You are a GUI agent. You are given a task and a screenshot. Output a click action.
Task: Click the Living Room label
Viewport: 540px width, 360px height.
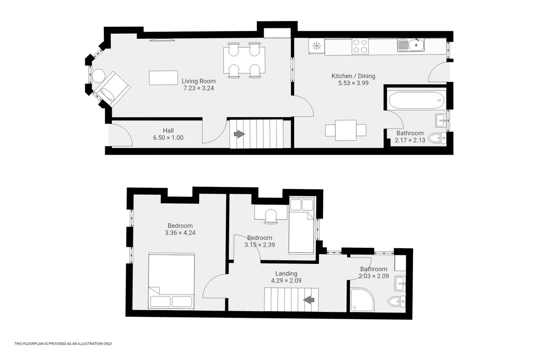point(198,81)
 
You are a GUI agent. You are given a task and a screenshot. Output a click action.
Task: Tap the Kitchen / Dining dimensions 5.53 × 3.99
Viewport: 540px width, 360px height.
point(353,83)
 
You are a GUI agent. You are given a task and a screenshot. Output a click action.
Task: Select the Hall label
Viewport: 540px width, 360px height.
point(168,131)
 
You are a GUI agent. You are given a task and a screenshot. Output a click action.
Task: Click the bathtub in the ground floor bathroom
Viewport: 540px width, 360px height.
point(416,100)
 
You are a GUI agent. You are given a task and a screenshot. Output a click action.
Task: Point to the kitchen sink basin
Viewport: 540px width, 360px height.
point(416,45)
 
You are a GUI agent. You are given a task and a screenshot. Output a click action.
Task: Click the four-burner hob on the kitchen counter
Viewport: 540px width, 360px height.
point(360,46)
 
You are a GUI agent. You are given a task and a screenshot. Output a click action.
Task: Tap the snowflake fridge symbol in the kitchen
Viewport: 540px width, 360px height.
point(316,46)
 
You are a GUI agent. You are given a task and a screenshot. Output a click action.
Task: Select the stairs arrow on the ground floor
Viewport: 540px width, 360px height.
point(239,134)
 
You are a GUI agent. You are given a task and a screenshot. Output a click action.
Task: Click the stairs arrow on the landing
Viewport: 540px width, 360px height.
point(309,300)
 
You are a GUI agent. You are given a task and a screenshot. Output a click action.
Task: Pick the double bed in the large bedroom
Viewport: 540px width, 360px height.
point(171,281)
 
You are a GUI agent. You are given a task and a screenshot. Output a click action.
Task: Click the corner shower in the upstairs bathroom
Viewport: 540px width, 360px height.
point(362,300)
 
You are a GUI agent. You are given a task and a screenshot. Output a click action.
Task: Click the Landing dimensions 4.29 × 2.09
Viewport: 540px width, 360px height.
point(286,280)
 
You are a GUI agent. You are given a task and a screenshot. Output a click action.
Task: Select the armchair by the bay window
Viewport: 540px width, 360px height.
point(112,89)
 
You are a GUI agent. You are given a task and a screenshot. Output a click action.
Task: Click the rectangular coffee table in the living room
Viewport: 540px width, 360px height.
point(163,78)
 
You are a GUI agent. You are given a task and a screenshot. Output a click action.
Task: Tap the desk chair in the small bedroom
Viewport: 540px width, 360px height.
point(271,216)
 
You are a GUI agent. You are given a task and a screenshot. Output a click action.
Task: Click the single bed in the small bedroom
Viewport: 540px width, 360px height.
point(302,226)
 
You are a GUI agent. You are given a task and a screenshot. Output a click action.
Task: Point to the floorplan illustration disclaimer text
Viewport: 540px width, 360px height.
point(63,344)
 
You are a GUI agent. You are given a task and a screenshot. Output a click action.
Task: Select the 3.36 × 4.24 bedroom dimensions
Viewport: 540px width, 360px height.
point(180,233)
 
